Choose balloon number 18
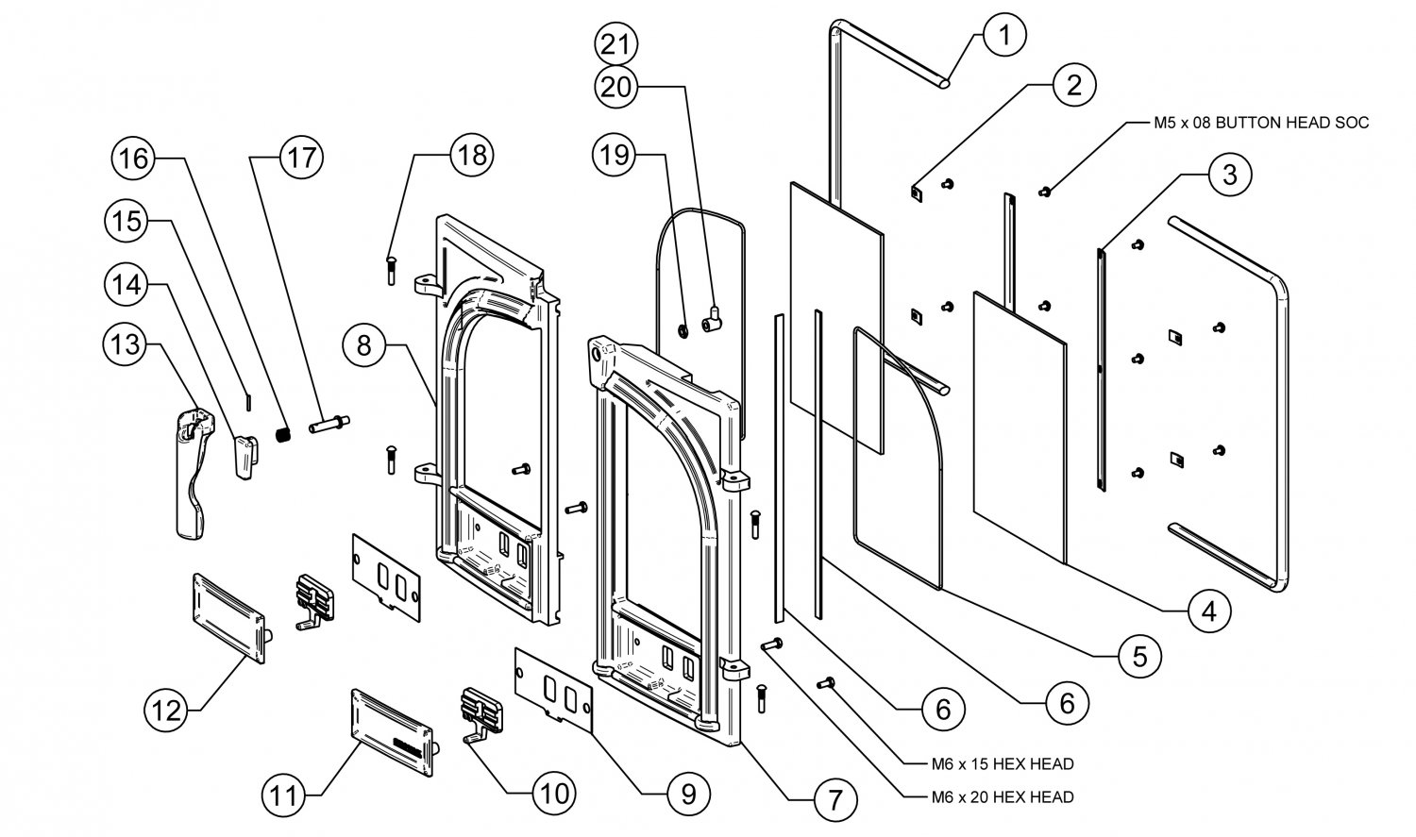[471, 155]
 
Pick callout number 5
[1140, 655]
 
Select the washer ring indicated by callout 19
[680, 331]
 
